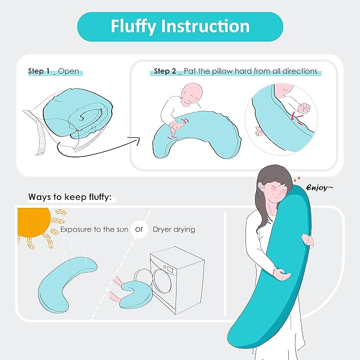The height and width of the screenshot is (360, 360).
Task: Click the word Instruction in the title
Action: [208, 27]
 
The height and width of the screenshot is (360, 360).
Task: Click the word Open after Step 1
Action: [68, 71]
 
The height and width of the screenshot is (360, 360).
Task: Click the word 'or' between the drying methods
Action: [139, 230]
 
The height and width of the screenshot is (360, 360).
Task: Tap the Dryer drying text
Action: [174, 230]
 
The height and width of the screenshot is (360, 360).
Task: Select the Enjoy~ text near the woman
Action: [319, 188]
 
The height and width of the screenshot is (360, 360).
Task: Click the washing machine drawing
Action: [178, 280]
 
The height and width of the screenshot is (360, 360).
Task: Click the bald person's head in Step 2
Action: [190, 96]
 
